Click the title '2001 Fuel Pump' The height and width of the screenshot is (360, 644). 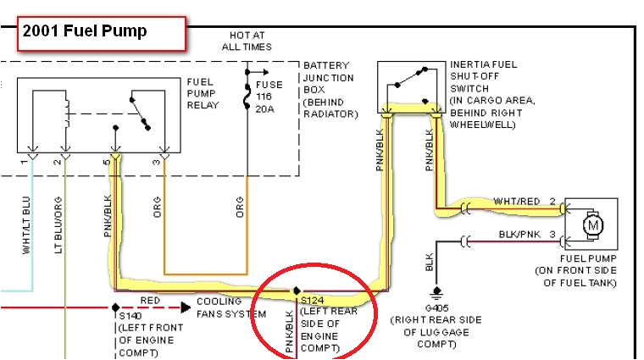point(85,32)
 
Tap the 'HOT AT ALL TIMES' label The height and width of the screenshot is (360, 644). point(247,41)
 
